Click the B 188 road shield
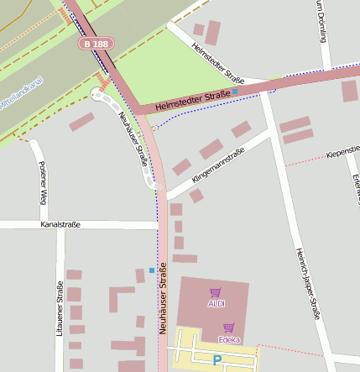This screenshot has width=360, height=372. click(x=96, y=43)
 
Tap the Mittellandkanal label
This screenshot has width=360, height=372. click(x=22, y=95)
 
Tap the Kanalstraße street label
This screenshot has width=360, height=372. click(x=60, y=225)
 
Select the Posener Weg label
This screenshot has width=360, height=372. click(x=42, y=181)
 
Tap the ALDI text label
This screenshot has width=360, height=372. click(x=216, y=302)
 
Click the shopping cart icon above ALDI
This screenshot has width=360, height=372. click(x=216, y=292)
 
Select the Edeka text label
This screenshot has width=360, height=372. click(x=228, y=339)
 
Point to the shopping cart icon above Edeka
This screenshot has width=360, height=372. click(x=228, y=328)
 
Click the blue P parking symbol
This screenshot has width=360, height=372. click(x=217, y=361)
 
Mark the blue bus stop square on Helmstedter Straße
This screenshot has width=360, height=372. click(x=235, y=90)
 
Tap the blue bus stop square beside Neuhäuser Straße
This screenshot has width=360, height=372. click(x=151, y=270)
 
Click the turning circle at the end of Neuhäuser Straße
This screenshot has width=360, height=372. click(x=100, y=96)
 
